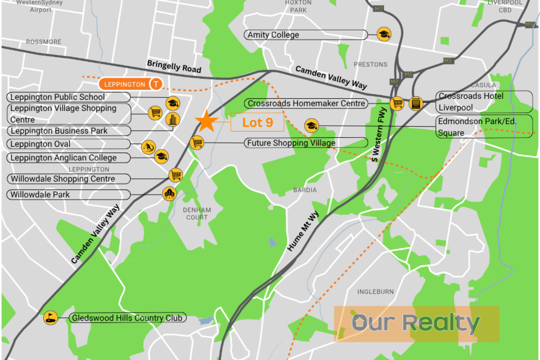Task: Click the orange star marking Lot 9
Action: pyautogui.click(x=206, y=121)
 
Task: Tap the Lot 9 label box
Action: pyautogui.click(x=257, y=122)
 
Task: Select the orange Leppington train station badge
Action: pyautogui.click(x=130, y=84)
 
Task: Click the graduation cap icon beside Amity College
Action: pyautogui.click(x=384, y=34)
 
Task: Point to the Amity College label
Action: pyautogui.click(x=305, y=35)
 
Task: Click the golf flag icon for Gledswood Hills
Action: pyautogui.click(x=50, y=317)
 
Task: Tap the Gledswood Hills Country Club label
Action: pyautogui.click(x=127, y=318)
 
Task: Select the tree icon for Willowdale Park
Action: pyautogui.click(x=169, y=194)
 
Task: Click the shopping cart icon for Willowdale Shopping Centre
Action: pyautogui.click(x=176, y=175)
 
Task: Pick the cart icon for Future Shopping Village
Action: pyautogui.click(x=197, y=142)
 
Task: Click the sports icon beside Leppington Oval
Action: pyautogui.click(x=148, y=147)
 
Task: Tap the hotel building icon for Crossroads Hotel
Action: pyautogui.click(x=416, y=103)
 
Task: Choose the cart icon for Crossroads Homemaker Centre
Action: pyautogui.click(x=397, y=103)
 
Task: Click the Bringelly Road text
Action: pyautogui.click(x=174, y=66)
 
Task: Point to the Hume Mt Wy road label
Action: pyautogui.click(x=303, y=231)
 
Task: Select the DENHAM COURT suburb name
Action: pyautogui.click(x=197, y=214)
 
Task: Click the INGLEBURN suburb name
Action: pyautogui.click(x=375, y=292)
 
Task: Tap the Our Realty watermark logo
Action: pyautogui.click(x=416, y=323)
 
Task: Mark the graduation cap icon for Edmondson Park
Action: pyautogui.click(x=311, y=125)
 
